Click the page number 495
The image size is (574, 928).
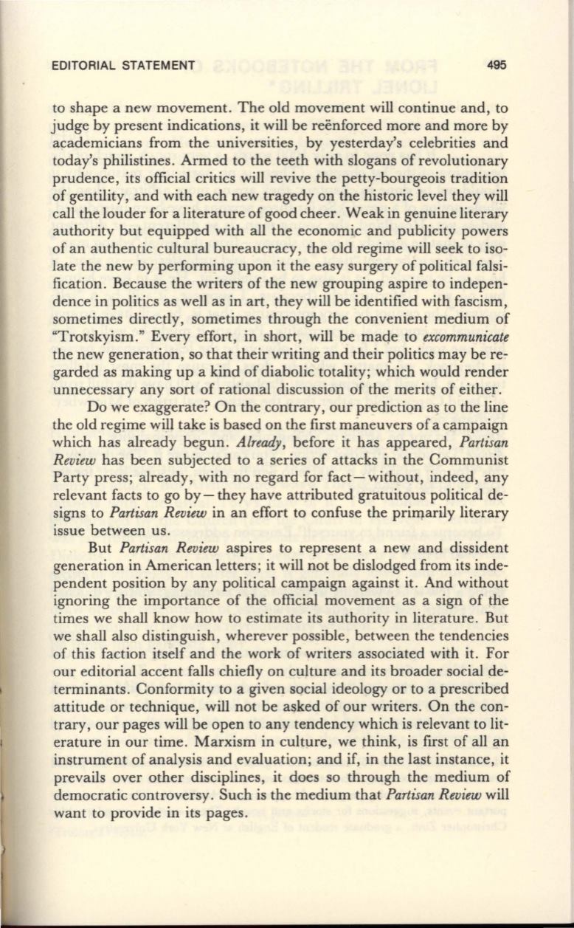pyautogui.click(x=496, y=65)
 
